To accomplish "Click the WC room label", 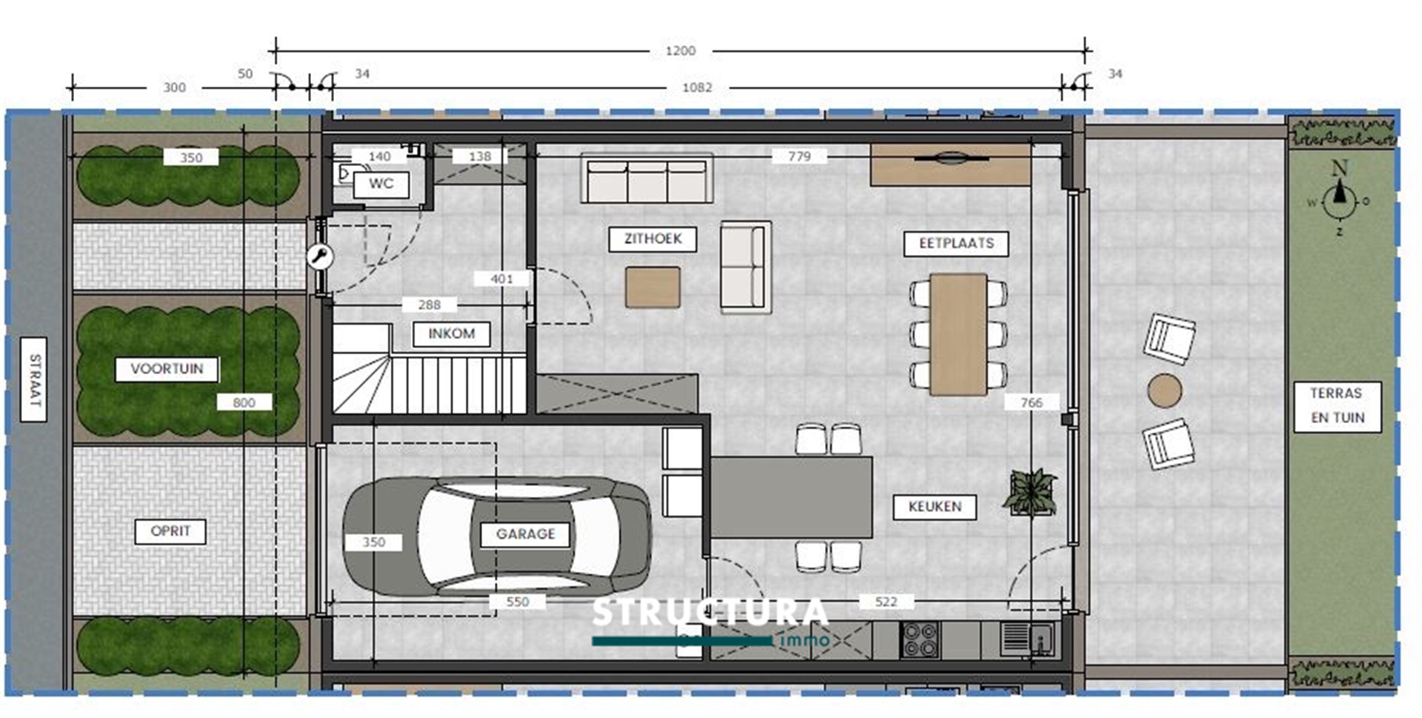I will [381, 184].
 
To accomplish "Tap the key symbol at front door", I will [320, 257].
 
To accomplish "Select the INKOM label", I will [451, 333].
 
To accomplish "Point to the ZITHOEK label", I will [652, 239].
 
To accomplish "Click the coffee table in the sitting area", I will [652, 287].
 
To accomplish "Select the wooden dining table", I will [958, 333].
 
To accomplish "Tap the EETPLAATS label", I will [955, 243].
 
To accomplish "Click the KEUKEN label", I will [934, 507].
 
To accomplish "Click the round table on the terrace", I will [1164, 390].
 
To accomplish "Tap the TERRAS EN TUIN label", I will [1337, 405].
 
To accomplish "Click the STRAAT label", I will [34, 379].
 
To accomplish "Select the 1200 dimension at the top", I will [680, 51].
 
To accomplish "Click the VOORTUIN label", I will [167, 369].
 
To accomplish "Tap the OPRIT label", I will [170, 531].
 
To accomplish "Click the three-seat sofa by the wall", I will [647, 179].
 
